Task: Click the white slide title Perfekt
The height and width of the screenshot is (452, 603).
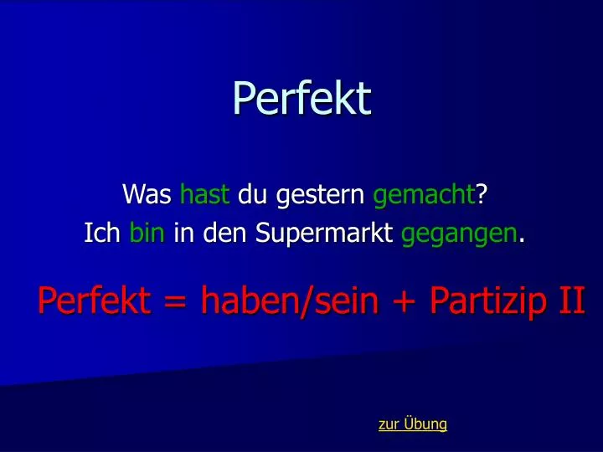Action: click(x=301, y=99)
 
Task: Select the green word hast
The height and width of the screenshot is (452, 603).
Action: click(x=204, y=195)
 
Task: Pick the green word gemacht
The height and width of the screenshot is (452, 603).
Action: click(x=424, y=197)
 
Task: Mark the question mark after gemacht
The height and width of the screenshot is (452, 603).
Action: click(x=482, y=195)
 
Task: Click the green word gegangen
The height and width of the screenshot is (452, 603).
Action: click(x=458, y=236)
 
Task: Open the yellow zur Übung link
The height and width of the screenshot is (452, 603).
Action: click(x=412, y=424)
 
